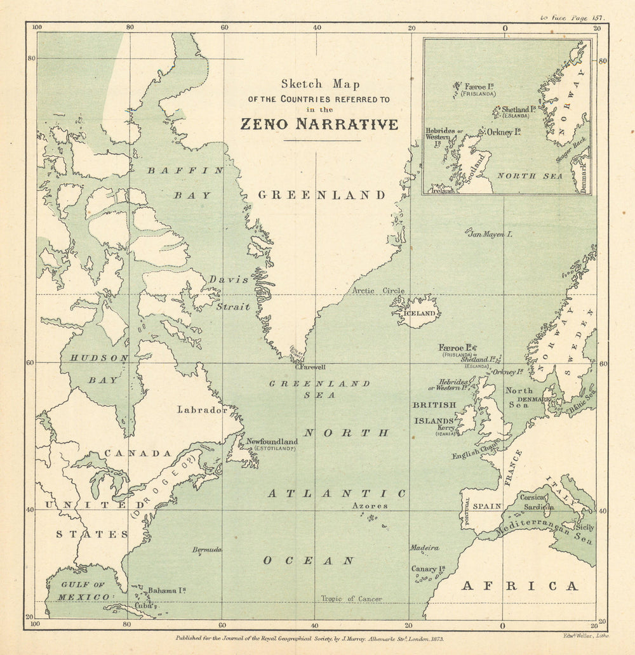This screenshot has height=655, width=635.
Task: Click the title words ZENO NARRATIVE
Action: tap(319, 124)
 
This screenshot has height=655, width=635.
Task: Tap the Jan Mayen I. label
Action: tap(490, 234)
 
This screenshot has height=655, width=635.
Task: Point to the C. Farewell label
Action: tap(311, 366)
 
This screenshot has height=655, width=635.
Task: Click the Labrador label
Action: tap(202, 410)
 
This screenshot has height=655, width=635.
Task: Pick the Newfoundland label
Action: tap(272, 441)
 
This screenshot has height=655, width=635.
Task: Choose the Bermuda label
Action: tap(207, 549)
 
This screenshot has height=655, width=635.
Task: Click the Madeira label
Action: tap(424, 548)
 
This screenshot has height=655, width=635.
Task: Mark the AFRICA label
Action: tap(519, 586)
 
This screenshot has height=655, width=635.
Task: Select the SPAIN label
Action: tap(487, 506)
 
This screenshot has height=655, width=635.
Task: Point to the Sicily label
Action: tap(585, 527)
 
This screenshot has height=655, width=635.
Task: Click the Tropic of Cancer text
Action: tap(351, 599)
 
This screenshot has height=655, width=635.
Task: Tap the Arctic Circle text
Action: tap(378, 291)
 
